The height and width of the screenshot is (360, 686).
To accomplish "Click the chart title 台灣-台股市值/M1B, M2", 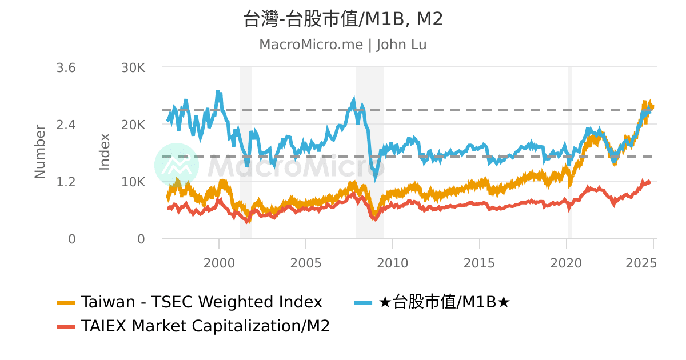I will pos(343,19).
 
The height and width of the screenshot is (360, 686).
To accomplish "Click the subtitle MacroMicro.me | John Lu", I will pos(343,45).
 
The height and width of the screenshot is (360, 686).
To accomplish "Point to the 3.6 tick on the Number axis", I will pos(66,68).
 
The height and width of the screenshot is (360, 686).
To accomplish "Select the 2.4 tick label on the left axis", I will pos(66,125).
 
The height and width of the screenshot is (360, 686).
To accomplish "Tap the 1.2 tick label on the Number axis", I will pos(66,182).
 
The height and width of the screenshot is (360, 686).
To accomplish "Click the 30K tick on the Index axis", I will pos(133,68).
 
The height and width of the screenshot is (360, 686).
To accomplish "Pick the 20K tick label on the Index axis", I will pos(133,125).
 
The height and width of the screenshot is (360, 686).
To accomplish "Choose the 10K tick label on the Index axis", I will pos(133,182).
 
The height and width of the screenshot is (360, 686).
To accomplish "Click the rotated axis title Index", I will pos(105,151).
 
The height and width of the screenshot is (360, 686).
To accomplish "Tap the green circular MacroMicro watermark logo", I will pos(177,165).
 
